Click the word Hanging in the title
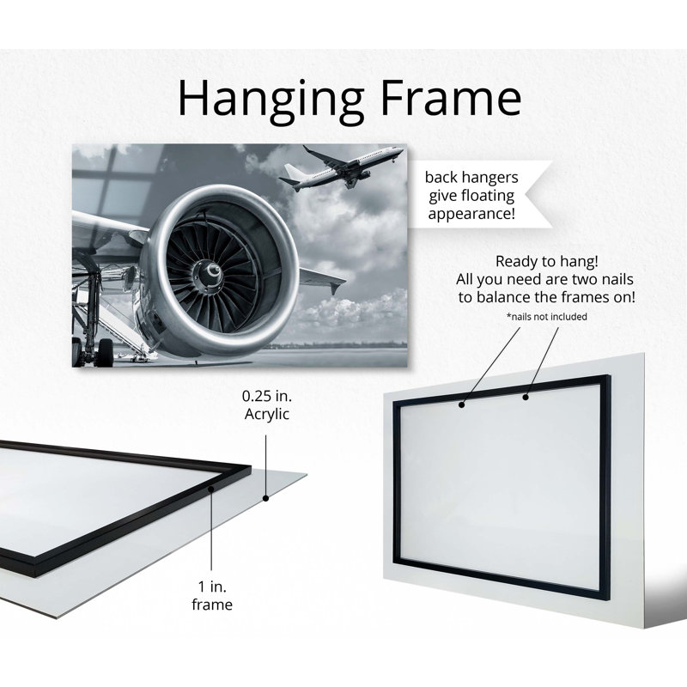tap(271, 100)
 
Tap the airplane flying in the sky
tap(341, 167)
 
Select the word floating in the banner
tap(485, 196)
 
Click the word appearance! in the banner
tap(471, 214)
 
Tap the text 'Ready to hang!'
tap(546, 261)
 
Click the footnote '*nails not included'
tap(546, 316)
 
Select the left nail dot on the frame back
tap(461, 404)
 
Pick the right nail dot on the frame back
tap(526, 398)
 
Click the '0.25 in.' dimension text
tap(267, 396)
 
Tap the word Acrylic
tap(267, 414)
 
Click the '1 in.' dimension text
tap(212, 587)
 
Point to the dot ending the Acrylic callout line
tap(265, 498)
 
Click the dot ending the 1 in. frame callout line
tap(211, 489)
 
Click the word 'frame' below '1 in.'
tap(212, 605)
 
